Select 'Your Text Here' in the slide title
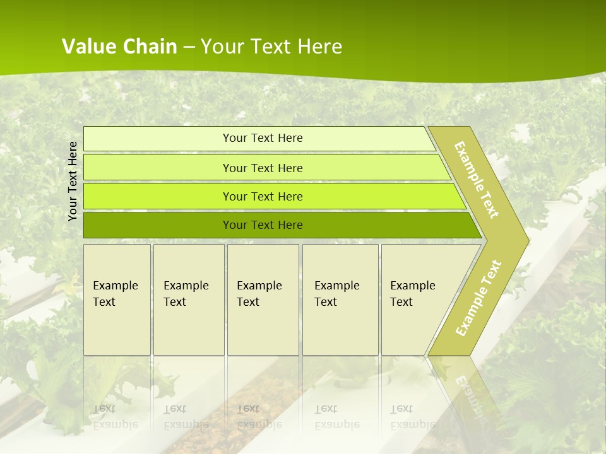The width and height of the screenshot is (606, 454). point(271,47)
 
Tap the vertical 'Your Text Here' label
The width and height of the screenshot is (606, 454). point(73,181)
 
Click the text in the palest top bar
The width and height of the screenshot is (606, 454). point(263,138)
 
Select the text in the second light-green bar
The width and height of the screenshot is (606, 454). point(263,168)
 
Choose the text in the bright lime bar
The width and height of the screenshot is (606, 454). point(263,197)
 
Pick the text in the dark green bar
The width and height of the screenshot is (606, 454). point(263,225)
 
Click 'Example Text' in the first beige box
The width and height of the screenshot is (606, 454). point(115,294)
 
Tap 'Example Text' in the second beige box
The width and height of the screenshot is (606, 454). point(186,294)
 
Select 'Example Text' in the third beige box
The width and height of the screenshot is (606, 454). point(259,294)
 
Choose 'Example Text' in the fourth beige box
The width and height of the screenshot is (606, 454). point(336,294)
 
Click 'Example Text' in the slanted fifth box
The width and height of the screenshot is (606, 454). point(412,294)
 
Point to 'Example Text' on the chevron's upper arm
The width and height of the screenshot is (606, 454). point(477,180)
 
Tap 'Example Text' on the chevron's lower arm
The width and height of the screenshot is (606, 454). point(478,298)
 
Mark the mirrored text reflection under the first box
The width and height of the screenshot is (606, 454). point(115,417)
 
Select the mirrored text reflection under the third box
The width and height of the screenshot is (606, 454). point(259,417)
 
